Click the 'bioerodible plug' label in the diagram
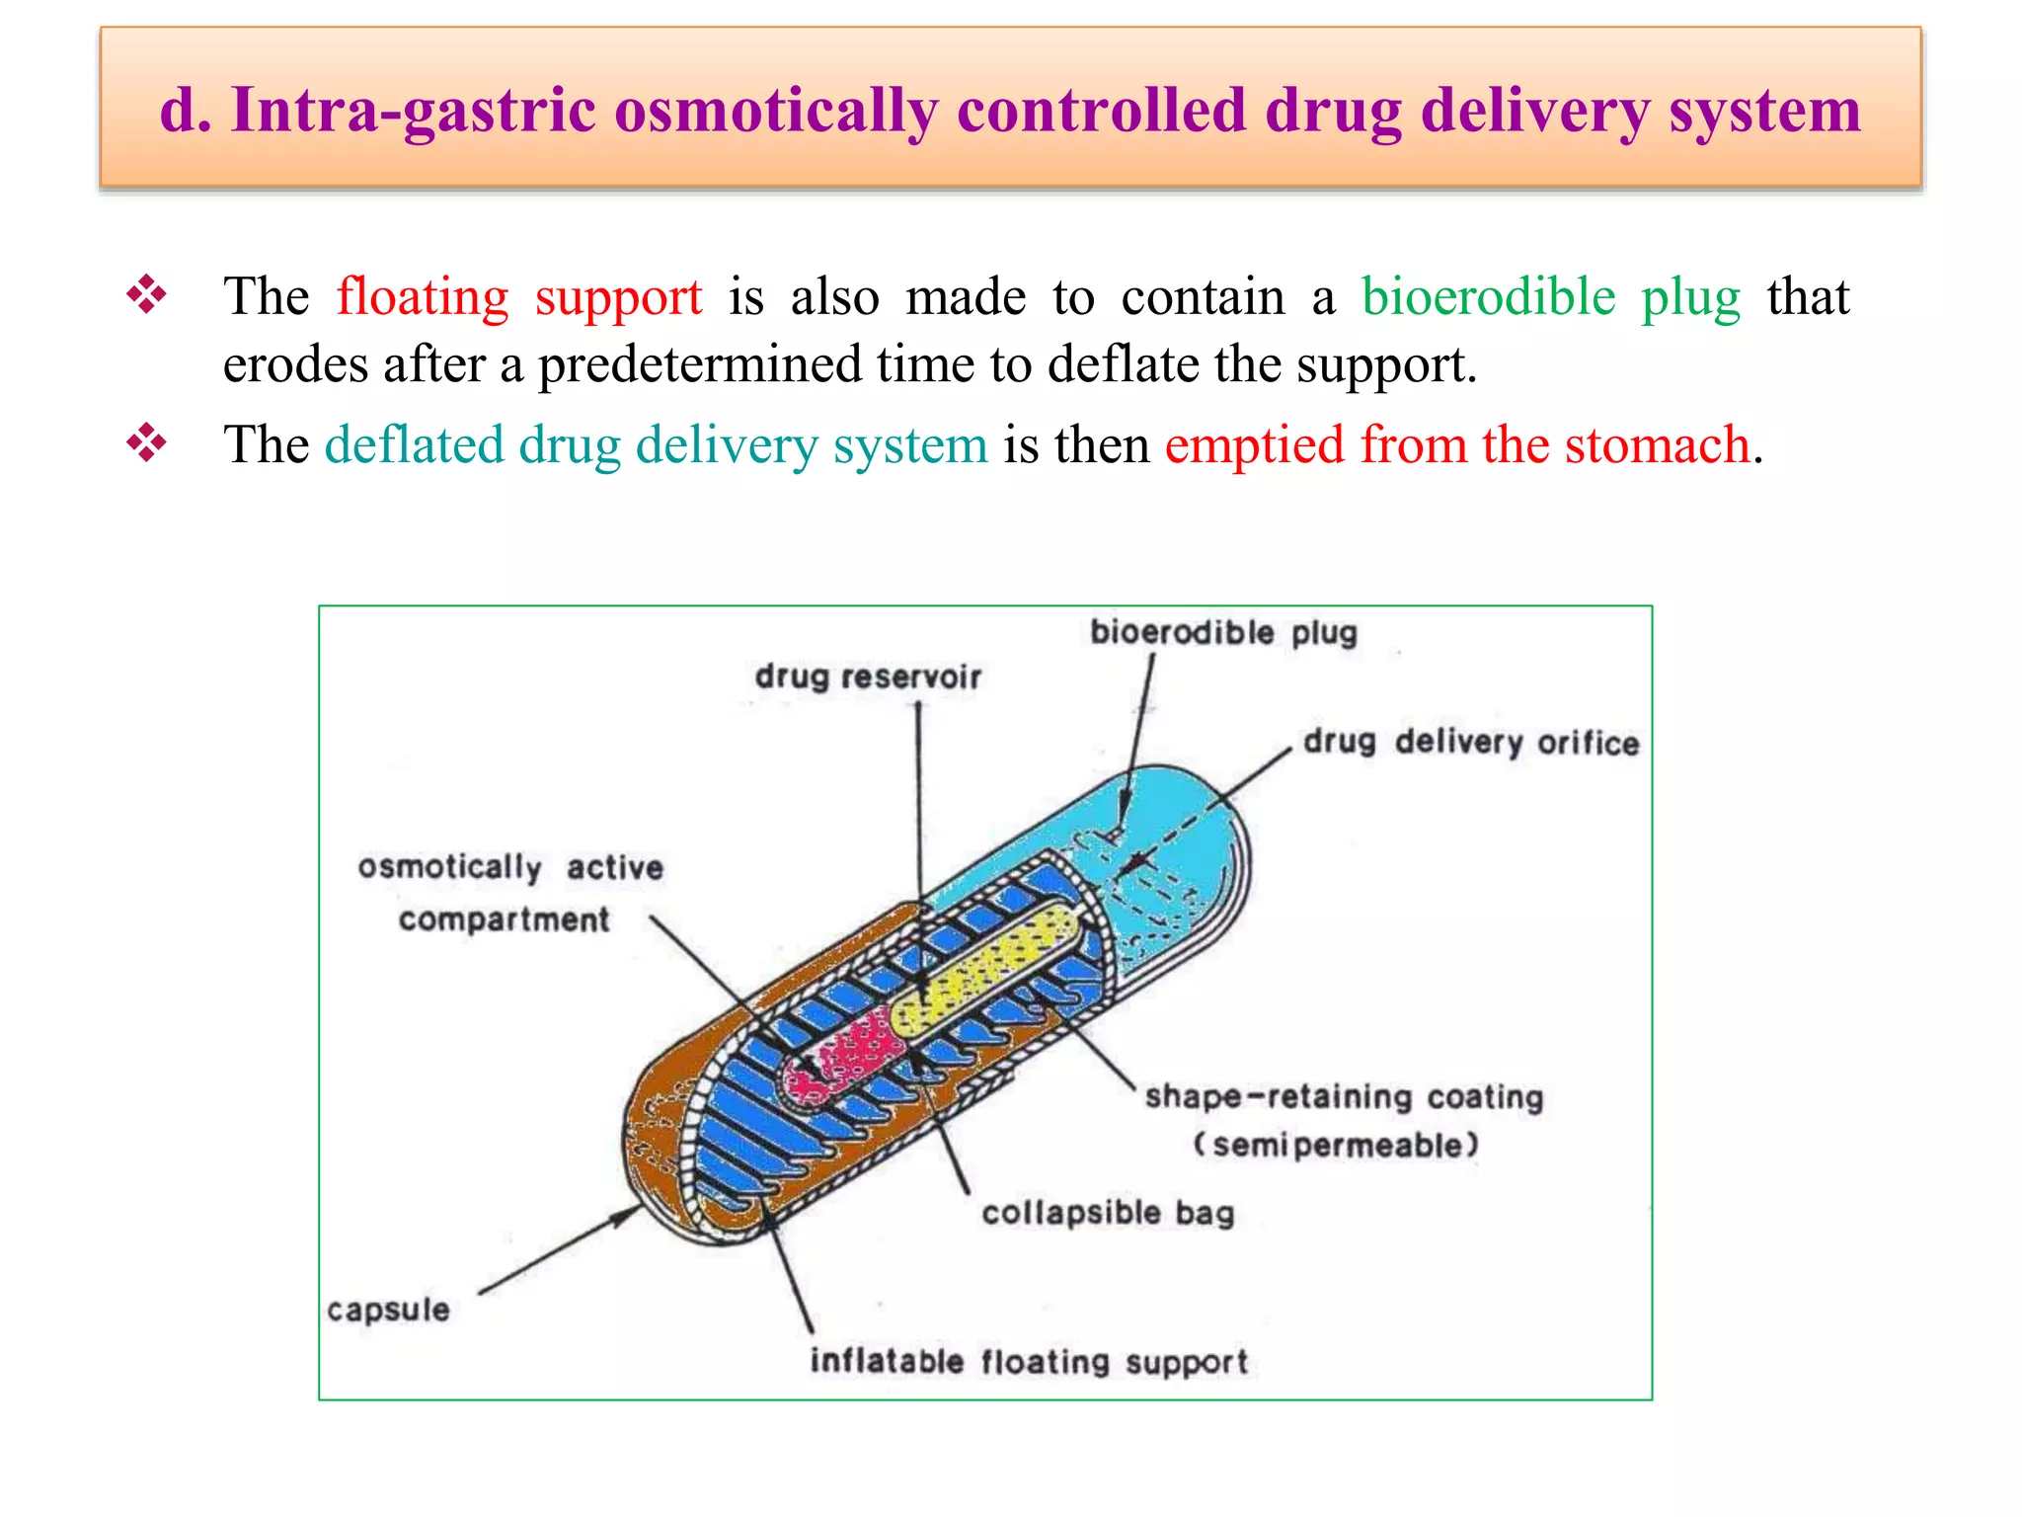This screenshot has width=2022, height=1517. pos(1223,632)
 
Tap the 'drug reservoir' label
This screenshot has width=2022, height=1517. pos(868,678)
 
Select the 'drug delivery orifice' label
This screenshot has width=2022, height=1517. pos(1470,742)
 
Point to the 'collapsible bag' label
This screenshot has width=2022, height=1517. pos(1108,1213)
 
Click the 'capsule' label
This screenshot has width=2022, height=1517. pos(388,1310)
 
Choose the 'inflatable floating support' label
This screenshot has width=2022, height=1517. pos(1029,1362)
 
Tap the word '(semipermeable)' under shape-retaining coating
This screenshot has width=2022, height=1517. pos(1336,1146)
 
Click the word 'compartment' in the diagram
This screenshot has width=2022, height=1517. pos(504,919)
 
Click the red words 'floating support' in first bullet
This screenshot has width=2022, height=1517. pos(519,296)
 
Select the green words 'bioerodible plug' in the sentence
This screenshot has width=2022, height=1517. pos(1550,296)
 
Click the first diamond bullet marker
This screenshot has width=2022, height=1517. pos(146,294)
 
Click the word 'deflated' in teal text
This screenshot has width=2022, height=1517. pos(414,444)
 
